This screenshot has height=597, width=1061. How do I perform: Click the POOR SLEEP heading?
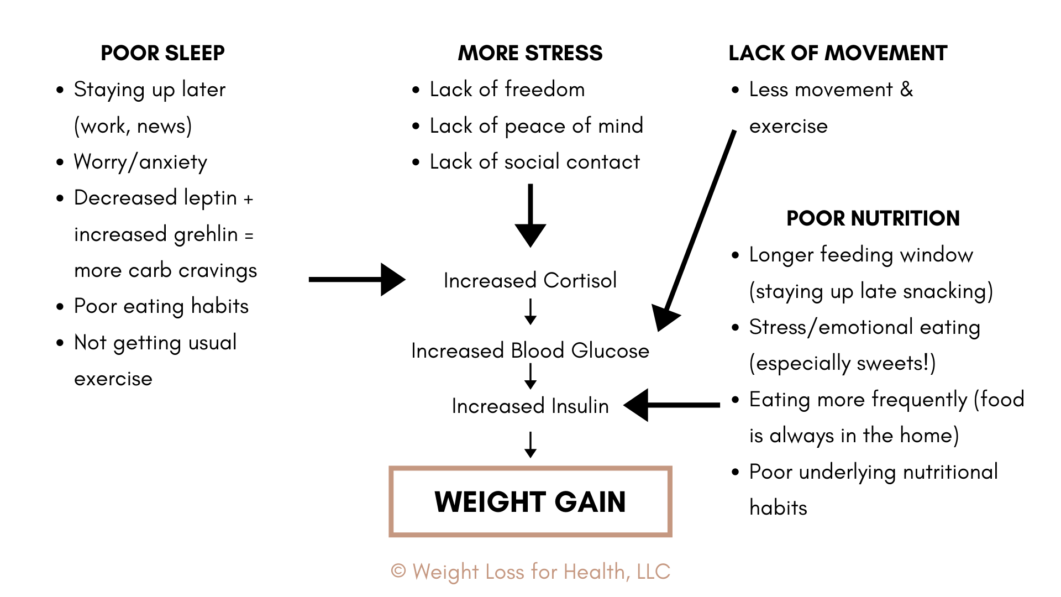[x=162, y=53]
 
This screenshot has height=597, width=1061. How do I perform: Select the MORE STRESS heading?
[x=530, y=53]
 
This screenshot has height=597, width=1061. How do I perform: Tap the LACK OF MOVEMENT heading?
[x=838, y=53]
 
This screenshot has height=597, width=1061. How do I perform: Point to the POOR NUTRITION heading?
[x=873, y=218]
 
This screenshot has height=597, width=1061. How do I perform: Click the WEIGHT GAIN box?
[x=530, y=501]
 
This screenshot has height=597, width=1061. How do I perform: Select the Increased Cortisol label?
[x=530, y=280]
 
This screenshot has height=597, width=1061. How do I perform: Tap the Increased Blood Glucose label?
[x=530, y=350]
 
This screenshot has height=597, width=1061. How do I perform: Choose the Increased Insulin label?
[x=530, y=406]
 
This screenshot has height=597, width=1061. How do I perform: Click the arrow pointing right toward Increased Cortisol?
[x=357, y=279]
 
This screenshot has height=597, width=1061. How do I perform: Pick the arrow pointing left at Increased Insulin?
[x=671, y=405]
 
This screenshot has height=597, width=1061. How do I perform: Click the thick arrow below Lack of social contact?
[x=530, y=216]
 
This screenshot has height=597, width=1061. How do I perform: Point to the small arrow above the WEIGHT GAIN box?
[x=530, y=445]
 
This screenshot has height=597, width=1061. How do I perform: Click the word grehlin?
[x=206, y=235]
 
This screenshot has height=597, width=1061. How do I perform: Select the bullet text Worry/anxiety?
[x=140, y=162]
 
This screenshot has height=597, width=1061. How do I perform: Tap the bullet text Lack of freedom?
[x=507, y=90]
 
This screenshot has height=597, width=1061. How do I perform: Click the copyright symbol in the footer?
[x=398, y=571]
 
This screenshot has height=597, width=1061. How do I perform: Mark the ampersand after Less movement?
[x=906, y=90]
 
